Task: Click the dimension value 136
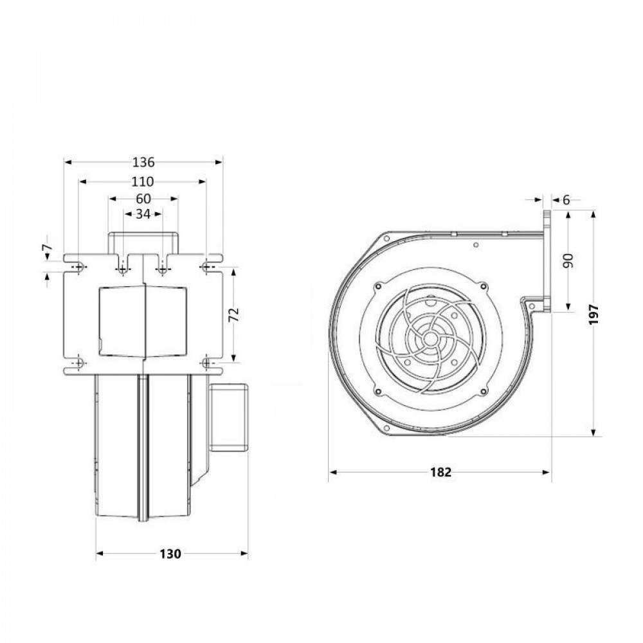(143, 162)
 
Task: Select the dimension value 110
(143, 182)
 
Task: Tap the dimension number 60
(143, 199)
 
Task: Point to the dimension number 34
(143, 214)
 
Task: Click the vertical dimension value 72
(234, 314)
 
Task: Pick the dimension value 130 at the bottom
(172, 553)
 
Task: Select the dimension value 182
(440, 472)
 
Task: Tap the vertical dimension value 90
(568, 260)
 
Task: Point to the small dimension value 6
(566, 200)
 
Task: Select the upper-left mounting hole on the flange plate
(78, 266)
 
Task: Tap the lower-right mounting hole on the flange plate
(206, 364)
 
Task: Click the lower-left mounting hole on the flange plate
(78, 364)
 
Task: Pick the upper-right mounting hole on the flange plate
(206, 266)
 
